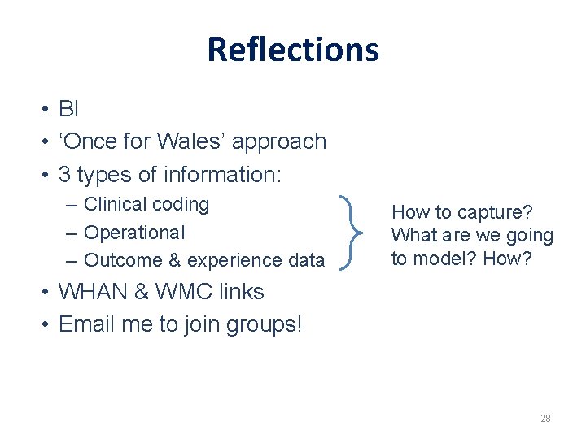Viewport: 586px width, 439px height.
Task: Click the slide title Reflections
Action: point(293,49)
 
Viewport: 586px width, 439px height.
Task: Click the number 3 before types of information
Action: point(65,175)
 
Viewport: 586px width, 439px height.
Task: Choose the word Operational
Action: point(134,233)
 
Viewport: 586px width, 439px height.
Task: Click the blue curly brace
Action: point(354,233)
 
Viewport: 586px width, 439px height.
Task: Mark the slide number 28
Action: point(545,419)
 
